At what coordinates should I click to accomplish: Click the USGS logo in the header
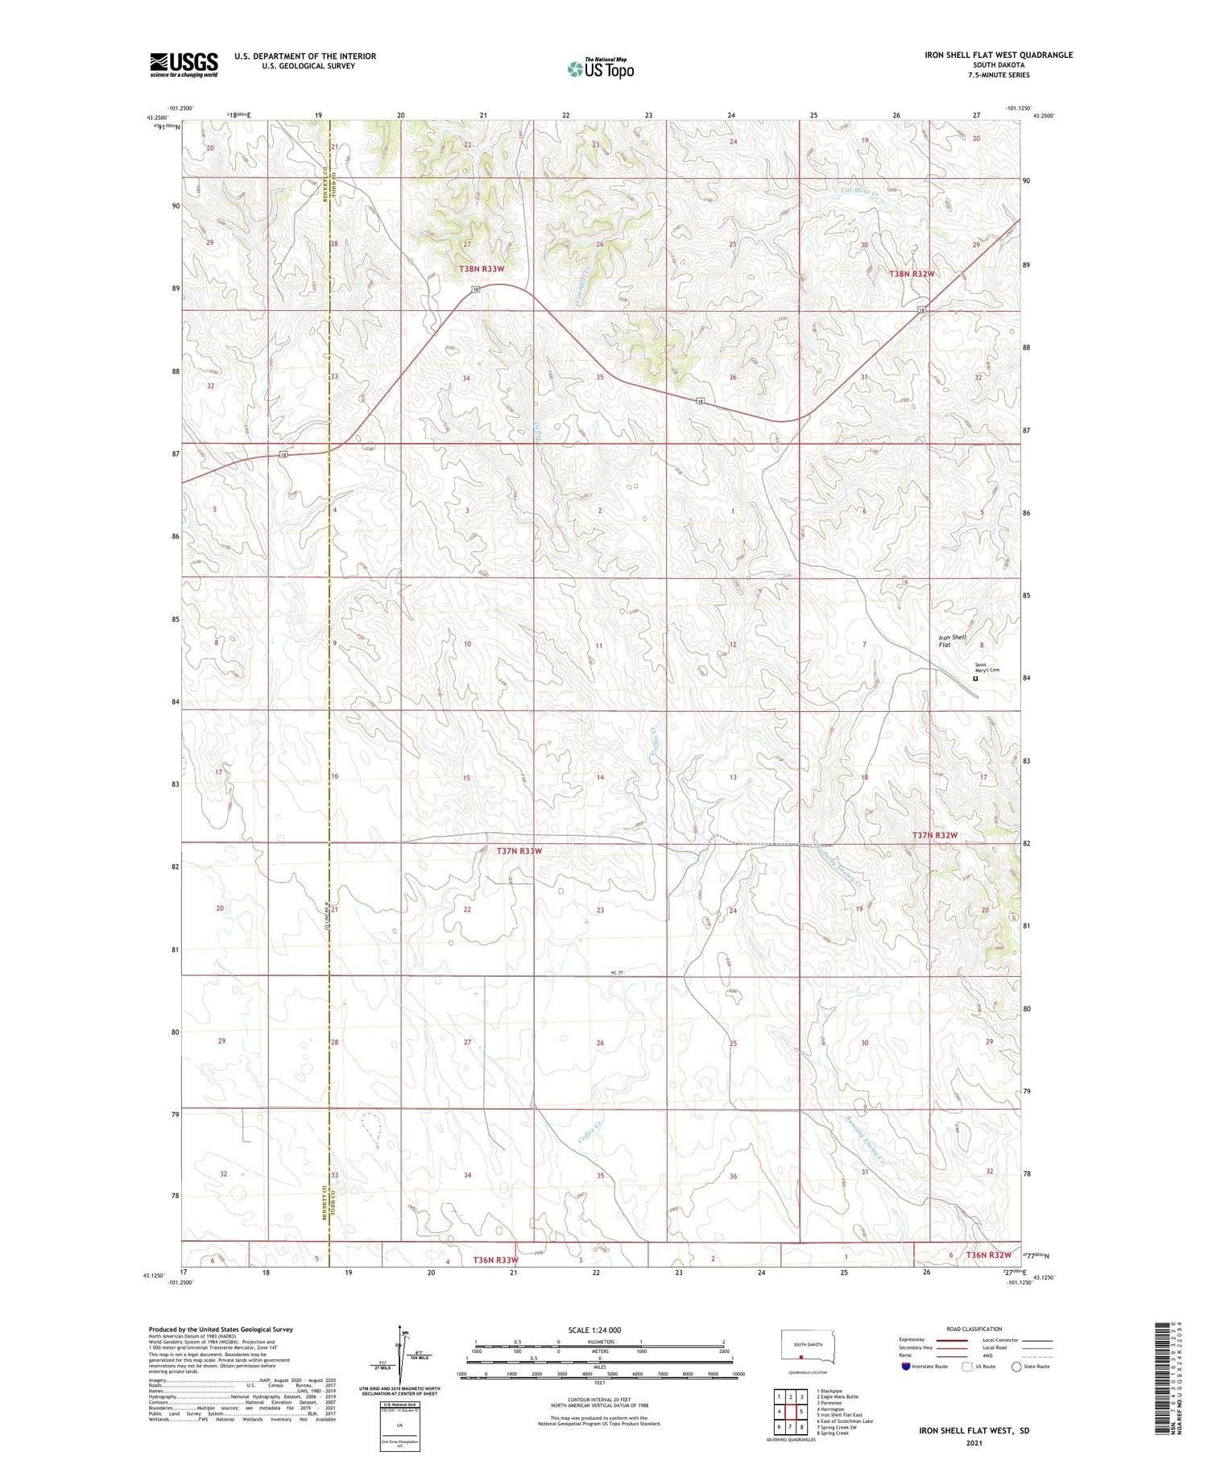[x=184, y=64]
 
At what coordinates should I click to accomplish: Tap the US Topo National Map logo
[x=601, y=68]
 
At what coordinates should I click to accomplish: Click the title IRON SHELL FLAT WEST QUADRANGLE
[x=999, y=55]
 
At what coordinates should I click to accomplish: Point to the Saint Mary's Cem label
[x=987, y=668]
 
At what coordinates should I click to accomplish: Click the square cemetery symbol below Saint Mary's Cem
[x=975, y=679]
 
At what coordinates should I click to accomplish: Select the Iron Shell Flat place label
[x=953, y=641]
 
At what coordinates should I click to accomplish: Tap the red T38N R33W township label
[x=482, y=269]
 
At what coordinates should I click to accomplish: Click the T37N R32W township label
[x=935, y=835]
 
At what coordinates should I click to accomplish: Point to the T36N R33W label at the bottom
[x=495, y=1259]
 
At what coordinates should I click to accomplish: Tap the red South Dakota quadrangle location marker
[x=801, y=1355]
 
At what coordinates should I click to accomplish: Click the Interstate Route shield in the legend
[x=906, y=1367]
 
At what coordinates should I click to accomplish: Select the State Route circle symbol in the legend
[x=1016, y=1367]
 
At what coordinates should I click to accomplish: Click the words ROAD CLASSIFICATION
[x=974, y=1329]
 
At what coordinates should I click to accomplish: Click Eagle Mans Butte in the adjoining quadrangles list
[x=838, y=1397]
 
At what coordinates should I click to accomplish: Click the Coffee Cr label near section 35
[x=590, y=1133]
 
